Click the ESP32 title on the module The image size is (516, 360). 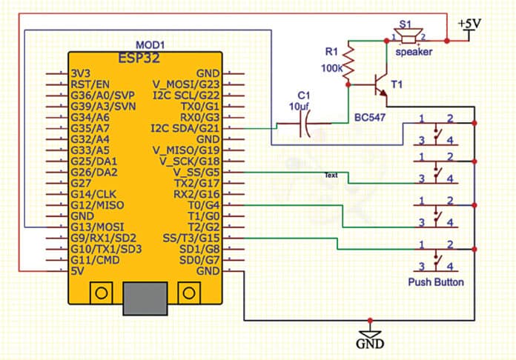coord(144,58)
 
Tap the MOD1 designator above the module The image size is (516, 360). coord(151,44)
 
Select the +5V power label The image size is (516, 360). coord(469,24)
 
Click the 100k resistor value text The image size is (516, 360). coord(331,67)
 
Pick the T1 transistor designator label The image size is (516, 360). coord(397,85)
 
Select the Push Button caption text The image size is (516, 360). coord(436,282)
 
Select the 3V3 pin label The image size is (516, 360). coord(81,74)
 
